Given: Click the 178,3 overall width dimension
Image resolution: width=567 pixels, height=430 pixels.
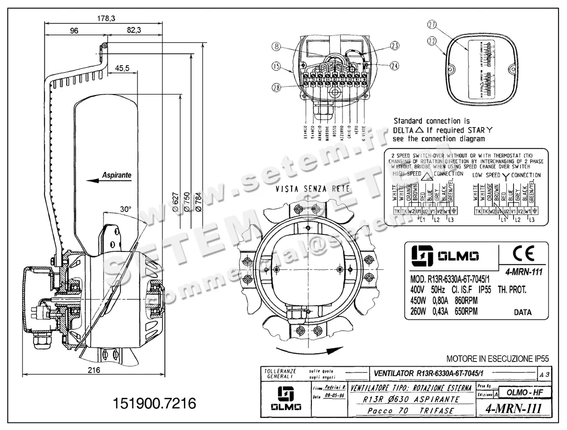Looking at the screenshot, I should [106, 18].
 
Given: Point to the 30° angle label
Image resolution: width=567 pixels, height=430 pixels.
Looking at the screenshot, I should [126, 208].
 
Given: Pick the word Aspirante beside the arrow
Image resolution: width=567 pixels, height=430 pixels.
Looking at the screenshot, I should [117, 175].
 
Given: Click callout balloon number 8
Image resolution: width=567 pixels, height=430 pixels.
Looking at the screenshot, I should [276, 46].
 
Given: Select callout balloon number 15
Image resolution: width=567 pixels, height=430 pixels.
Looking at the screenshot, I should [276, 67].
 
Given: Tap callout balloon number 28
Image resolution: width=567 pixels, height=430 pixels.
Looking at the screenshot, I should [276, 86].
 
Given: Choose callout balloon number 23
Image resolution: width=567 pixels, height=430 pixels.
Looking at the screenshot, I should [395, 45].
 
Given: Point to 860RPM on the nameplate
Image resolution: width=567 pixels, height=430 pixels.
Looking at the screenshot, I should [463, 301].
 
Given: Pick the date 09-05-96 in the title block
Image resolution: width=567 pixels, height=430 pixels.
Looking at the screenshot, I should [335, 397].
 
